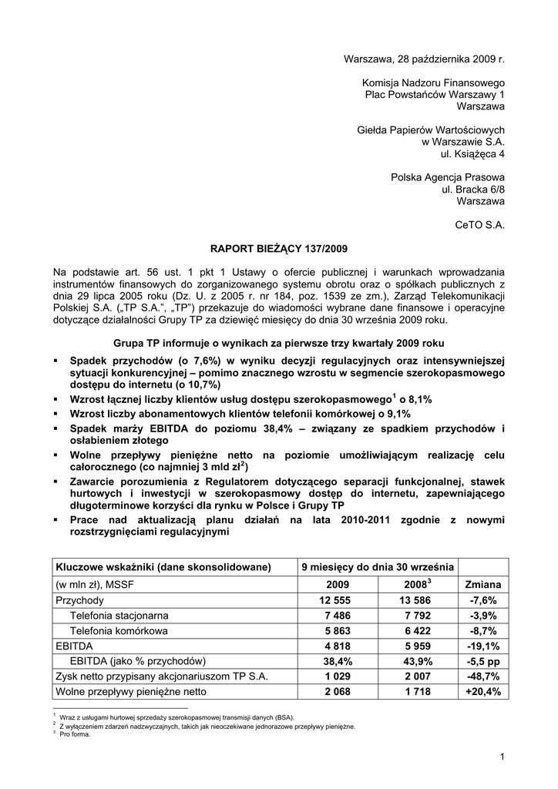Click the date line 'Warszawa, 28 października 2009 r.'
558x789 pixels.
point(423,59)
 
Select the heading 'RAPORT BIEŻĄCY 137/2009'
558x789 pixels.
point(279,249)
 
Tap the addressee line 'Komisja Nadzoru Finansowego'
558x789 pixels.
point(433,82)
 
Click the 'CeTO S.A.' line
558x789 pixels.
point(480,225)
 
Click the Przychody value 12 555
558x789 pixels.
point(333,599)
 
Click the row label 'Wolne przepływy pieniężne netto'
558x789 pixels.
point(130,692)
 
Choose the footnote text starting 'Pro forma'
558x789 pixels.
point(75,734)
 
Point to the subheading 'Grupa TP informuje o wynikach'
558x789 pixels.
point(278,342)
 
